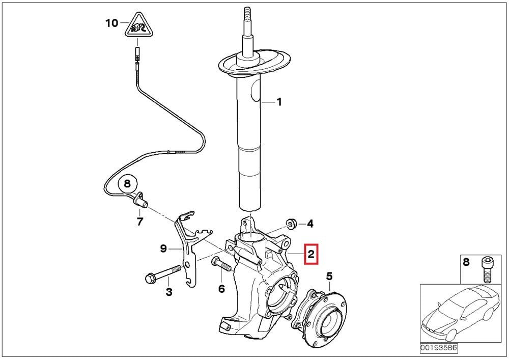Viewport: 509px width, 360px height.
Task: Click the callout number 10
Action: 111,23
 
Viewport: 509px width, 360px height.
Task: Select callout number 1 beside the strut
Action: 278,102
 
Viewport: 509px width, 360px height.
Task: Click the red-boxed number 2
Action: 311,253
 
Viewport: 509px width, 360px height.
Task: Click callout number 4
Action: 310,224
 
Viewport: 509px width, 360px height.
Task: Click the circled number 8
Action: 127,183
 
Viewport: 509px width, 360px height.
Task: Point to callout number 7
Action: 139,221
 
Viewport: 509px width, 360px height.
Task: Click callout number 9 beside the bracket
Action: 163,248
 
